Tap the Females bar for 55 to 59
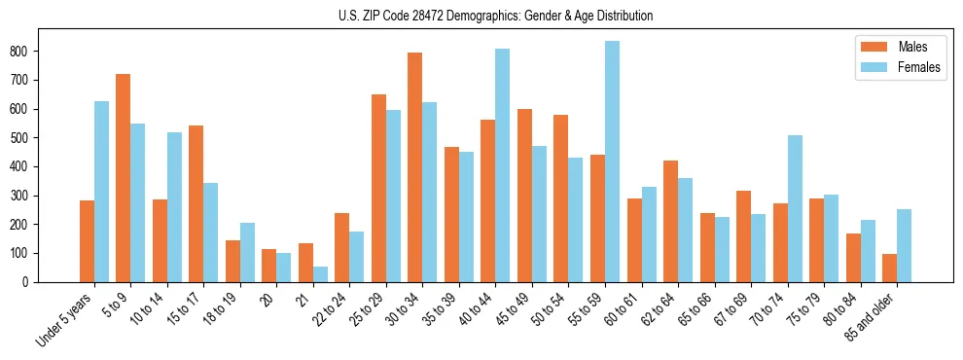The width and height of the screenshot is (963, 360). [612, 162]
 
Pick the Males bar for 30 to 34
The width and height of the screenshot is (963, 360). [415, 167]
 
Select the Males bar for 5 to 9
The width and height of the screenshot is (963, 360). [123, 178]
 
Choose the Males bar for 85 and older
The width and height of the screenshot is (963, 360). [889, 268]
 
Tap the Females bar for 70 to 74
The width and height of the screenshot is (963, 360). [795, 208]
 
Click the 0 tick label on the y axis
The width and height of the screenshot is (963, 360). [31, 282]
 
